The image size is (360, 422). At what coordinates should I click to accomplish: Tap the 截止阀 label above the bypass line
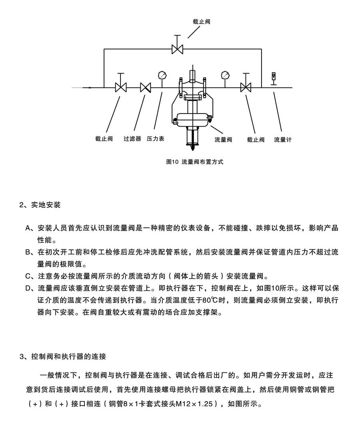[x=202, y=22]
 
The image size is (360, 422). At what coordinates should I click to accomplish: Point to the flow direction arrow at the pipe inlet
[x=87, y=88]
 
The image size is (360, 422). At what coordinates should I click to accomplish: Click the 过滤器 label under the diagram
[x=132, y=139]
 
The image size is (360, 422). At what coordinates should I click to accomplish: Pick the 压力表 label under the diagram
[x=156, y=139]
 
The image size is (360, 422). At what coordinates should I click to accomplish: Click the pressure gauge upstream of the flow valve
[x=162, y=76]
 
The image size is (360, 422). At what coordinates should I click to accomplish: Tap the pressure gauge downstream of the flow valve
[x=225, y=76]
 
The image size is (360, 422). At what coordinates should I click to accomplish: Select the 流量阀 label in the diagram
[x=223, y=140]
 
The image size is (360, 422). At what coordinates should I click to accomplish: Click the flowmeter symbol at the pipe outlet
[x=274, y=79]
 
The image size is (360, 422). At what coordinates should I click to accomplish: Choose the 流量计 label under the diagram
[x=283, y=140]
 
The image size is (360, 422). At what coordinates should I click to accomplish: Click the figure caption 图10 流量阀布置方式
[x=194, y=162]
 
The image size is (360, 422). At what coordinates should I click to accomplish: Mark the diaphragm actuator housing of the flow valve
[x=192, y=119]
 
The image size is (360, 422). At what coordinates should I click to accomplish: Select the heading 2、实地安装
[x=40, y=205]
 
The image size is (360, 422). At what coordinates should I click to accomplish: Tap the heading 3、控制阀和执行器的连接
[x=63, y=356]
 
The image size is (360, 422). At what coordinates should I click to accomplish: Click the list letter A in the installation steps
[x=28, y=228]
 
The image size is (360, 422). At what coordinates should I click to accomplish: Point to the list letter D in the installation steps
[x=28, y=288]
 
